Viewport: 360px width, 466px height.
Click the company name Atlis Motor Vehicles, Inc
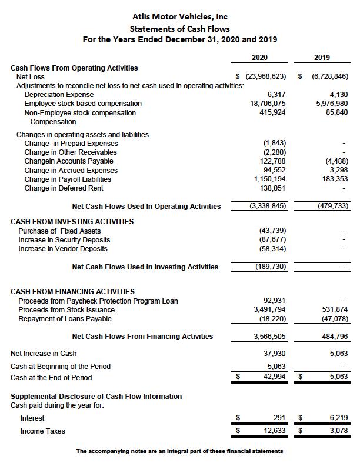pos(180,16)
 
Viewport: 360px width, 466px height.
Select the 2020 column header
pos(259,58)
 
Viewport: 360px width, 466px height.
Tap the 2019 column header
pos(322,58)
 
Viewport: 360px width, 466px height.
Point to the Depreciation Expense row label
pos(59,95)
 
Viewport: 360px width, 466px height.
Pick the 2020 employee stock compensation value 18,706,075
pos(268,104)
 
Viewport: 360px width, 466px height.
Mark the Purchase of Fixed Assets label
pos(59,231)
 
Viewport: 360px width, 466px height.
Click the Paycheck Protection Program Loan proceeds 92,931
pos(274,301)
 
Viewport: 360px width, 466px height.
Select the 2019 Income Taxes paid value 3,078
pos(338,431)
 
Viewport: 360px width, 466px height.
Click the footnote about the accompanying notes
pos(179,451)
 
